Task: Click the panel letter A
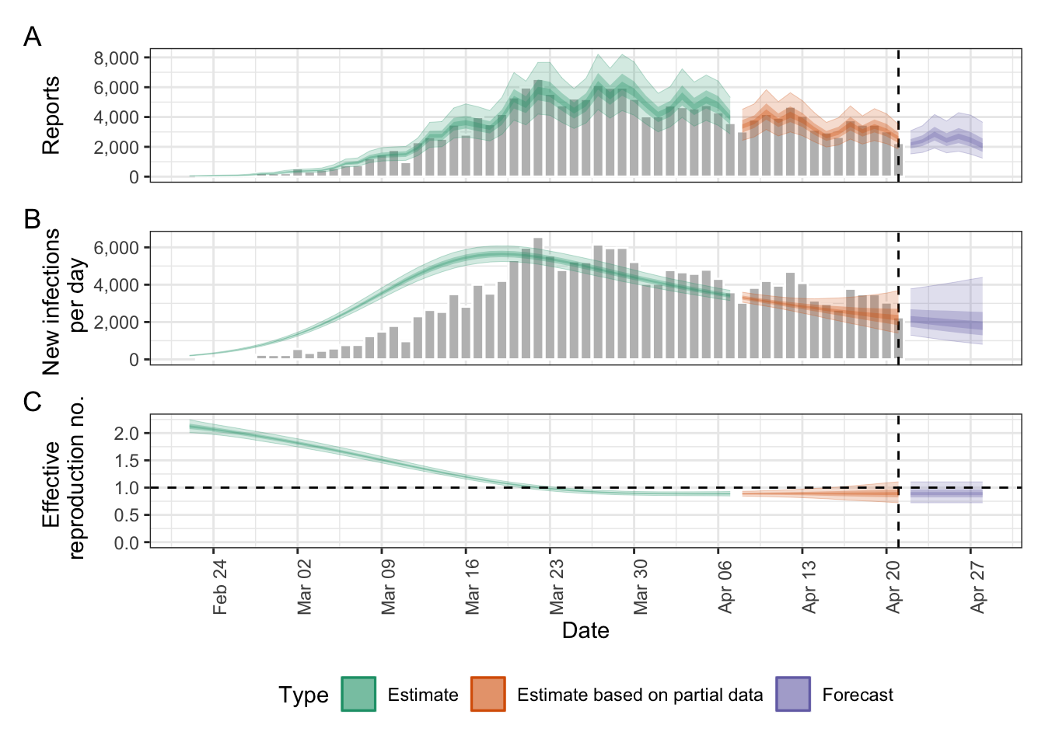click(x=32, y=37)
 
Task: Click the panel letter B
click(x=32, y=219)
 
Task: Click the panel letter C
click(x=32, y=402)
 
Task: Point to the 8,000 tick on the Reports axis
click(x=117, y=58)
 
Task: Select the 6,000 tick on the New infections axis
click(x=117, y=248)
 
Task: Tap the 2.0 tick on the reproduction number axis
click(x=127, y=434)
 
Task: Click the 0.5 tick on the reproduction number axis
click(x=127, y=515)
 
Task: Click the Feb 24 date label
click(x=220, y=587)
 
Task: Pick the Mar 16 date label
click(x=473, y=587)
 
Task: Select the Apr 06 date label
click(x=725, y=587)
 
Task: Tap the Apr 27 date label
click(x=978, y=587)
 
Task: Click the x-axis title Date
click(x=585, y=630)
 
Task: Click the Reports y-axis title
click(x=51, y=115)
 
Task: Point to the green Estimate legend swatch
click(x=358, y=694)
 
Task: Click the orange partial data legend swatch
click(x=488, y=694)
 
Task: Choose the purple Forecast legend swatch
click(x=792, y=694)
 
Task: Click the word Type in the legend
click(x=303, y=695)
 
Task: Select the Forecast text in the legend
click(x=858, y=695)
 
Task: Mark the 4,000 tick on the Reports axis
click(x=117, y=117)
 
